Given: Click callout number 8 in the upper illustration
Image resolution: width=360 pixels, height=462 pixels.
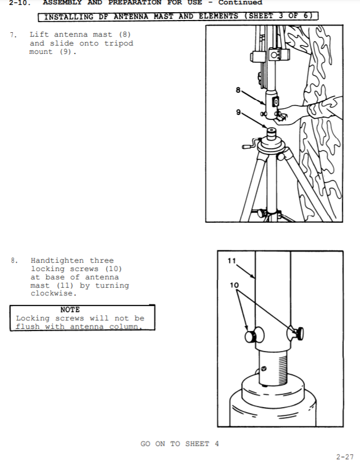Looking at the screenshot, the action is [x=238, y=90].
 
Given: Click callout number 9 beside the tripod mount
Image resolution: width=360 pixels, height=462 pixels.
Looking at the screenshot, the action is [x=238, y=112].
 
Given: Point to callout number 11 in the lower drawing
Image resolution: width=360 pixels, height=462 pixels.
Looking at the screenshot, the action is [x=232, y=261].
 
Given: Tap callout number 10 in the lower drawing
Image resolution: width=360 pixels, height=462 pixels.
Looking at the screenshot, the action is [x=234, y=285].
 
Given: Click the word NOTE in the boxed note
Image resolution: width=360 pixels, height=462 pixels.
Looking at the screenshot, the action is [x=70, y=310].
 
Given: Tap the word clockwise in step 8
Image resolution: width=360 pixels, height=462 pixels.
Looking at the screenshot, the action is [x=53, y=293].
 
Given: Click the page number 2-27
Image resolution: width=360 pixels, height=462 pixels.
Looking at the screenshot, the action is [x=344, y=457].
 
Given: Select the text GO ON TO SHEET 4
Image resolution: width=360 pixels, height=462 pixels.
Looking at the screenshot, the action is [x=179, y=444].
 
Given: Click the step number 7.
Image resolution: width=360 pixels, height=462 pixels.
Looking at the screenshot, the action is [x=13, y=35].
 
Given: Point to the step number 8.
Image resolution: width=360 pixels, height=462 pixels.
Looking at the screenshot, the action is [x=14, y=261].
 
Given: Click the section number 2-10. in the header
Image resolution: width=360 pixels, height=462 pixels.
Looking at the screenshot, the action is [x=20, y=3].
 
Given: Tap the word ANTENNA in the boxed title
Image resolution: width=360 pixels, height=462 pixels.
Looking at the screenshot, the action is [x=131, y=16].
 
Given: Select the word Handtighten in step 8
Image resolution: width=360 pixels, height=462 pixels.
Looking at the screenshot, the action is [x=57, y=261].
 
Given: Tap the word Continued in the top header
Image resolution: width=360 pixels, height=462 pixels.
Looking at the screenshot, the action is [x=241, y=3].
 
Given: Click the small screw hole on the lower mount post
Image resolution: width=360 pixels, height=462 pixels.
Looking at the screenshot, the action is [x=263, y=368].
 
